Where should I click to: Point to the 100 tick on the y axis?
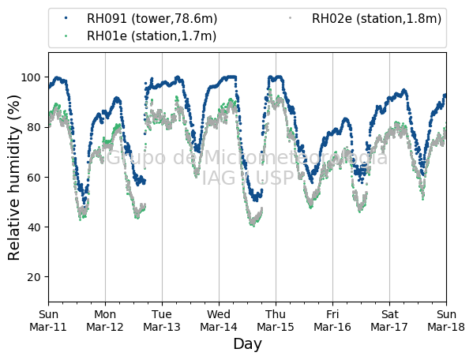coord(31,77)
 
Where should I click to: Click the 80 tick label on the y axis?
coord(34,127)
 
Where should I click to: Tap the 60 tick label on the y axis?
coord(34,178)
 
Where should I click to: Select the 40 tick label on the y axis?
coord(34,227)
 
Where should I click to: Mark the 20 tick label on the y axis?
coord(34,277)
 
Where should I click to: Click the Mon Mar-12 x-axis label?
coord(105,321)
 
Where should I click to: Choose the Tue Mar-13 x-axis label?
coord(162,321)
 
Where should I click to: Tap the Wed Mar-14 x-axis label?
coord(219,321)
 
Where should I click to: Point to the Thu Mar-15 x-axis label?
coord(276,321)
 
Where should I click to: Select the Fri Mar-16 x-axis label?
coord(332,321)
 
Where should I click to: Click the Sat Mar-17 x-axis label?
coord(389,321)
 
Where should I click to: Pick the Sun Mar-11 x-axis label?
coord(48,321)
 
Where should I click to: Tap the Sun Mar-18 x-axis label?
coord(446,321)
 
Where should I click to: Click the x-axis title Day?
coord(247,344)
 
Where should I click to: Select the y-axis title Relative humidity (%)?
coord(14,178)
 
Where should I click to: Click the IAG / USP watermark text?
coord(247,178)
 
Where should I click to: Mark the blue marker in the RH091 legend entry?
coord(66,18)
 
